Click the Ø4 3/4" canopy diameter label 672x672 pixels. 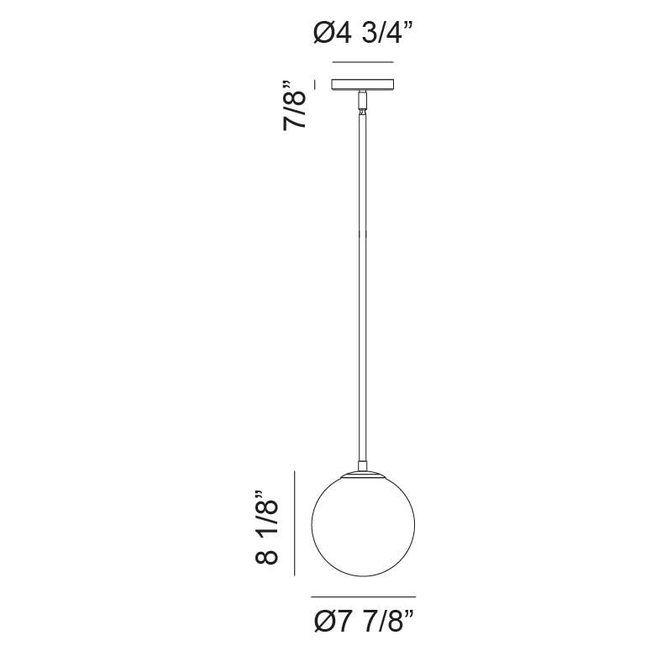(363, 34)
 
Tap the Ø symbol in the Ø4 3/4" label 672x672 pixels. (323, 34)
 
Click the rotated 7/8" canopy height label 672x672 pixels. (297, 105)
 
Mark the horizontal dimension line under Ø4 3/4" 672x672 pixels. (363, 63)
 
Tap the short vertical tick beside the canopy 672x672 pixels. (314, 84)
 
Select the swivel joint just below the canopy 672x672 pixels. (363, 102)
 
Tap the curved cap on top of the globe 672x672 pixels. (363, 475)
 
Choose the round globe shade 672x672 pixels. (363, 525)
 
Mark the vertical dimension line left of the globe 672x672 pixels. (295, 523)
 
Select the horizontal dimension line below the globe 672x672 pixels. (363, 596)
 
